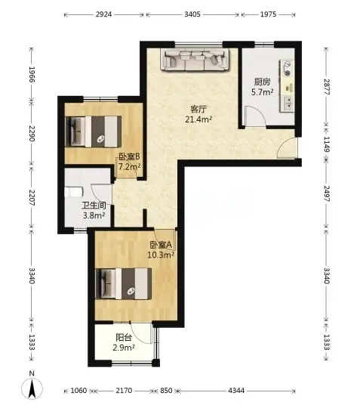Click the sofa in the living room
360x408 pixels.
pyautogui.click(x=195, y=60)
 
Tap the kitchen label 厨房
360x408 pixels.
pyautogui.click(x=263, y=82)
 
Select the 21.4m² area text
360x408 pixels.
pyautogui.click(x=198, y=119)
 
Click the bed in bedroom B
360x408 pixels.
pyautogui.click(x=94, y=131)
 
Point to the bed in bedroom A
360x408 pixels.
pyautogui.click(x=124, y=283)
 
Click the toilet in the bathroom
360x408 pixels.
pyautogui.click(x=73, y=192)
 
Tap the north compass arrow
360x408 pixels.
pyautogui.click(x=32, y=386)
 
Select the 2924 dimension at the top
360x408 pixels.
pyautogui.click(x=103, y=14)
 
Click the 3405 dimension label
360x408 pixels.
pyautogui.click(x=192, y=14)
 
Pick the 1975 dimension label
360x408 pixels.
pyautogui.click(x=268, y=14)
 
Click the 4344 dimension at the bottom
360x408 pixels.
pyautogui.click(x=236, y=391)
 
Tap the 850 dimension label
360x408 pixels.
pyautogui.click(x=166, y=391)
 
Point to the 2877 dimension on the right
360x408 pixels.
pyautogui.click(x=327, y=87)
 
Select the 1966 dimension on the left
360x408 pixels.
pyautogui.click(x=32, y=74)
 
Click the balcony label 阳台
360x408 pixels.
pyautogui.click(x=124, y=338)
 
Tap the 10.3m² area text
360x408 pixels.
pyautogui.click(x=161, y=255)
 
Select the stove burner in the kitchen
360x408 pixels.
pyautogui.click(x=287, y=73)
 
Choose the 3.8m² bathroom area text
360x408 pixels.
pyautogui.click(x=94, y=215)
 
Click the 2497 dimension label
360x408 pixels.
pyautogui.click(x=327, y=194)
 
